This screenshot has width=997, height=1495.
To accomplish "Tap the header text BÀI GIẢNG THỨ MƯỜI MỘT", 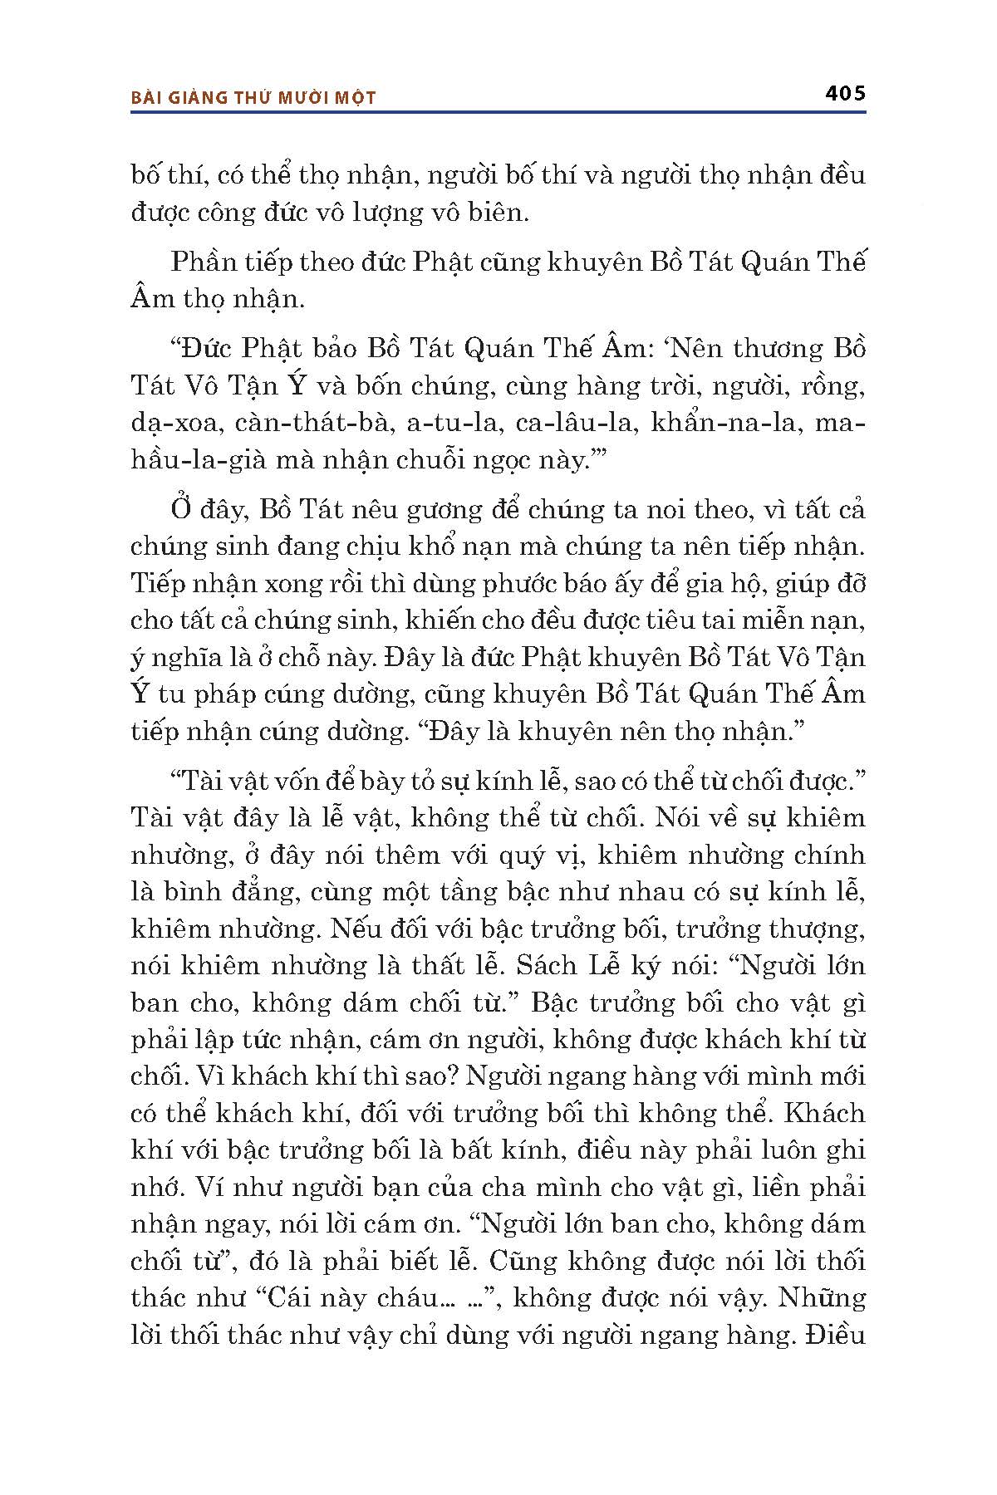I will tap(253, 98).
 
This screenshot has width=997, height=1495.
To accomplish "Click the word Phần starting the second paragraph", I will tap(204, 263).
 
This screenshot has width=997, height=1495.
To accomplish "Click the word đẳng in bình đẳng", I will tap(254, 893).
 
